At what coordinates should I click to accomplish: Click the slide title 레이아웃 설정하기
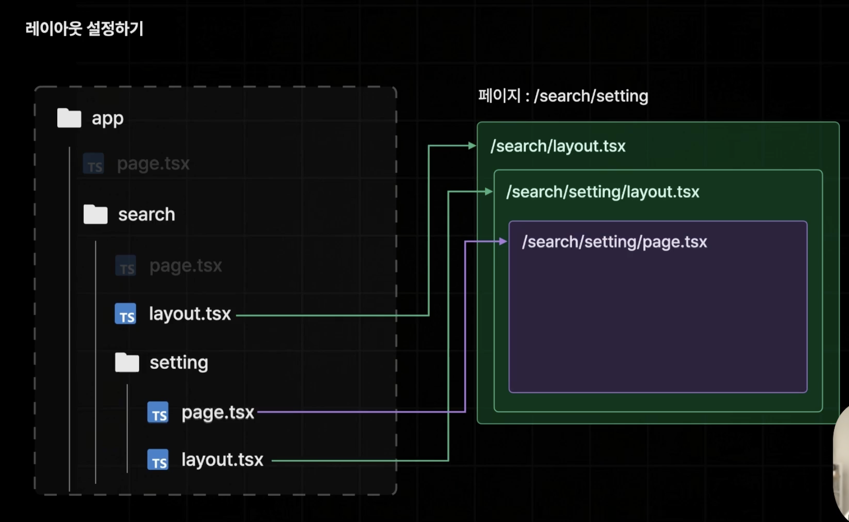[84, 29]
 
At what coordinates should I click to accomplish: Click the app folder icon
[69, 118]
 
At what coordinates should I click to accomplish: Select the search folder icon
[95, 214]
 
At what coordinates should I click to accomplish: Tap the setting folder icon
[127, 362]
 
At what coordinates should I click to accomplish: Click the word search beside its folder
[147, 214]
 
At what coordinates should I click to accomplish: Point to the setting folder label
[179, 363]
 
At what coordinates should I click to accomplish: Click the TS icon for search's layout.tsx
[126, 314]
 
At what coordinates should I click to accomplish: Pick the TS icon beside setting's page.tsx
[158, 413]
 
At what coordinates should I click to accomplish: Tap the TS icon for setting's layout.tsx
[158, 460]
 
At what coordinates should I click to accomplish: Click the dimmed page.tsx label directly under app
[153, 164]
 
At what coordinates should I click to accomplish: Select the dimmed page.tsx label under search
[186, 266]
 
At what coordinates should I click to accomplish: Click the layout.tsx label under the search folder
[190, 314]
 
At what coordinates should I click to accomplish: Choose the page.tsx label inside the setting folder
[218, 413]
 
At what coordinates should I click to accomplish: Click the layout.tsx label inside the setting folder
[222, 460]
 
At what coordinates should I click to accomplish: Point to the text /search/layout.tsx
[558, 146]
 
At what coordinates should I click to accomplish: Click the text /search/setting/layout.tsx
[603, 192]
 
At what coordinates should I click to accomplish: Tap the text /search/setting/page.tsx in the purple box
[614, 242]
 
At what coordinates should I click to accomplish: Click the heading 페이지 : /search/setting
[563, 96]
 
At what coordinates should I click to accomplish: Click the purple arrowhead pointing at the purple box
[503, 241]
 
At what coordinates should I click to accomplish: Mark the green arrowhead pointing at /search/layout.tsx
[472, 146]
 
